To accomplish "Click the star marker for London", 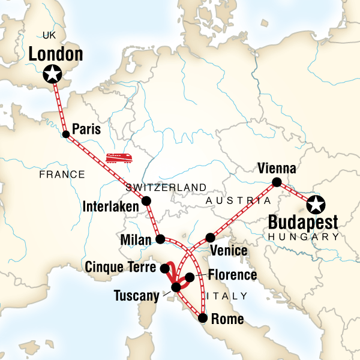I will coord(53,74).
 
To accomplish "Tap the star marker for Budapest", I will coord(315,205).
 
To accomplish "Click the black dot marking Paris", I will coord(65,134).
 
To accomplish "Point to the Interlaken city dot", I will coord(146,201).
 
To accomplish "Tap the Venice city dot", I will coord(210,237).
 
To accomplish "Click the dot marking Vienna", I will coord(277,182).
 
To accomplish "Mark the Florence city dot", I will coord(190,277).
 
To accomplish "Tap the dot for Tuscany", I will coord(176,288).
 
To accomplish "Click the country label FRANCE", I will coord(62,175).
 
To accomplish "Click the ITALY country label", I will coord(227,296).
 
